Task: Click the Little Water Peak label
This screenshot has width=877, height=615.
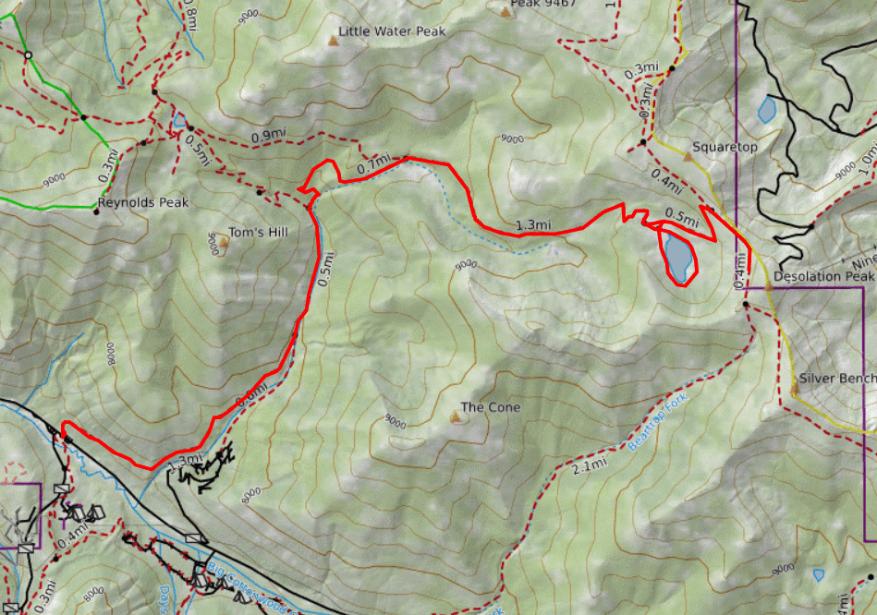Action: tap(392, 31)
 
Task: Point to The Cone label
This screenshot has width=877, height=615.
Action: tap(490, 407)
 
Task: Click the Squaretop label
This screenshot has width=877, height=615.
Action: tap(712, 147)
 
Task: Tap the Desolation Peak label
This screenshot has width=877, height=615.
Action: tap(822, 276)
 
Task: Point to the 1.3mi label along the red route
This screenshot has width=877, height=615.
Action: tap(532, 224)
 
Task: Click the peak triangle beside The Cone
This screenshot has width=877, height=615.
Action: tap(455, 418)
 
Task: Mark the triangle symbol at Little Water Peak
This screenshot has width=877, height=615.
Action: tap(333, 41)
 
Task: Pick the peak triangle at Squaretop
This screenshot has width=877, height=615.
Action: tap(688, 157)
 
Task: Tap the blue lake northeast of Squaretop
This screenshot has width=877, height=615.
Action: tap(766, 111)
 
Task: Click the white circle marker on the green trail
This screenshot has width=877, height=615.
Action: tap(28, 55)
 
